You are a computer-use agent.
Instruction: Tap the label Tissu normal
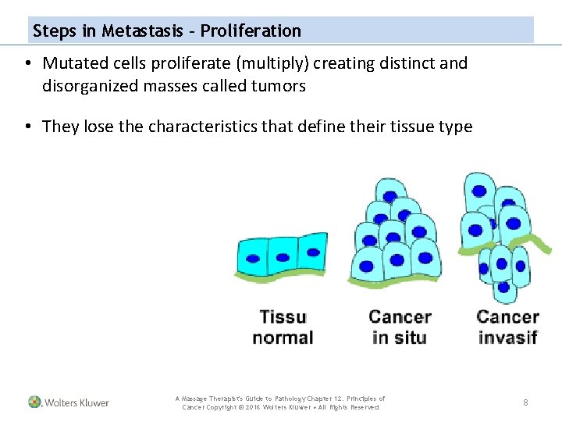point(283,327)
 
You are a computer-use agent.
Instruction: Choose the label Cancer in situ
point(400,327)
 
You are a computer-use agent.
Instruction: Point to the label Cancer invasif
point(507,327)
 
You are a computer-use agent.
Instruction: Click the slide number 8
point(525,402)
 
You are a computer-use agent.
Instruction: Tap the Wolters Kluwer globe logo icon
point(35,402)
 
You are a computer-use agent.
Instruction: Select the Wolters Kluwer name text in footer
point(76,403)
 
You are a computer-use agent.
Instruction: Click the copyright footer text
point(280,403)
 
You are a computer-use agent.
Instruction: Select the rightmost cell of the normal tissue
point(312,252)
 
